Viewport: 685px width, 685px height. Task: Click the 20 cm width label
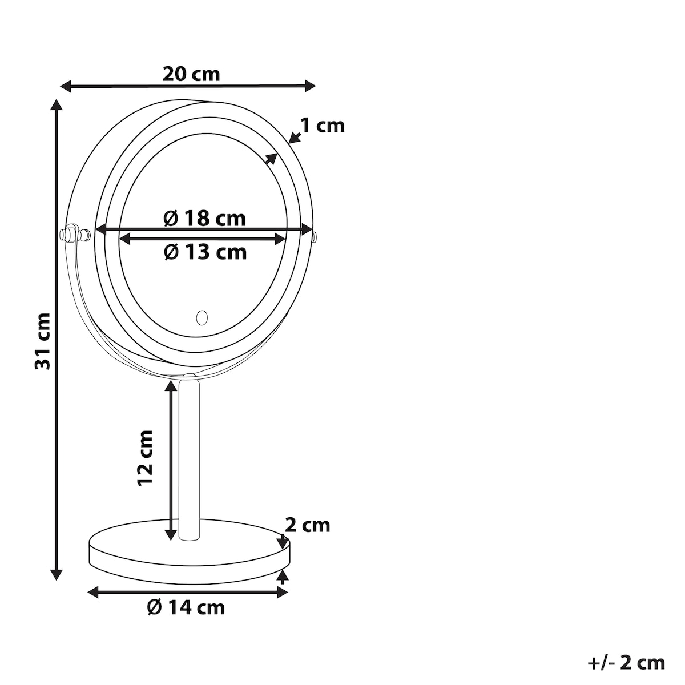tap(191, 74)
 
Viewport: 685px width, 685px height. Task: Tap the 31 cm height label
tap(43, 341)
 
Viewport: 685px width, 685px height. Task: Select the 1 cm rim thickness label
tap(323, 126)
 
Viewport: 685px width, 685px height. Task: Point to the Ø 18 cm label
tap(205, 218)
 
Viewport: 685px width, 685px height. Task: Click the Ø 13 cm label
tap(205, 252)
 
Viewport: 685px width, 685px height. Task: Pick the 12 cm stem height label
tap(145, 457)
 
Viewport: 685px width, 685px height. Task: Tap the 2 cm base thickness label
tap(308, 525)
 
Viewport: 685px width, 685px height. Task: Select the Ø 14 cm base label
tap(186, 607)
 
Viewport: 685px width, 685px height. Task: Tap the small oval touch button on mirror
tap(202, 317)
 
